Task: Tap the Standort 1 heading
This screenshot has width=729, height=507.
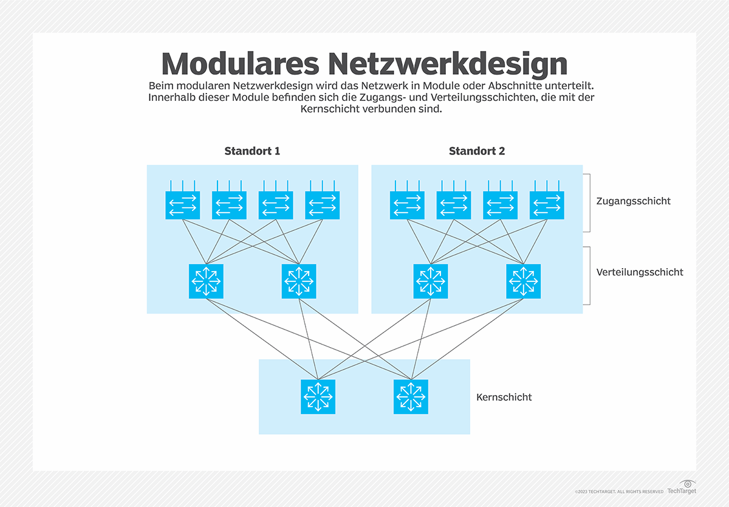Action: (x=252, y=151)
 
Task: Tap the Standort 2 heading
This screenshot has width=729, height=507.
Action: (x=477, y=151)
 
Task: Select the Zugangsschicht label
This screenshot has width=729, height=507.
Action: (x=634, y=201)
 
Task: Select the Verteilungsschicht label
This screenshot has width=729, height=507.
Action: (x=640, y=272)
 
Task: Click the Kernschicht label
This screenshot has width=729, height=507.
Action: (x=504, y=397)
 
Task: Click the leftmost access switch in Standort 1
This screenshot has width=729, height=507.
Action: (x=183, y=205)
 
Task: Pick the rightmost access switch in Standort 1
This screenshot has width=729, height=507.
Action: (x=322, y=205)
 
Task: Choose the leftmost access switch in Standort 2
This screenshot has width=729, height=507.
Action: (x=407, y=205)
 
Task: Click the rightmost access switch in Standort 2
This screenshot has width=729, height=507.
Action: (x=547, y=205)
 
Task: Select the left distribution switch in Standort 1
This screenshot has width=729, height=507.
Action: (x=206, y=281)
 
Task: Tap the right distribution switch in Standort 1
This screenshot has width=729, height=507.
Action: (x=299, y=281)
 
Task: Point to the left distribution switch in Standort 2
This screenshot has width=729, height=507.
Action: (x=431, y=281)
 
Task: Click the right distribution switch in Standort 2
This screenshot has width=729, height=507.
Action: (x=523, y=281)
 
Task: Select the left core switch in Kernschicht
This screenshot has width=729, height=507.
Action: (x=318, y=397)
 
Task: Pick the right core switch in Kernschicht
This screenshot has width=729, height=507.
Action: (x=411, y=397)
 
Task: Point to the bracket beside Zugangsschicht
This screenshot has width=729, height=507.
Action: (x=588, y=202)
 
